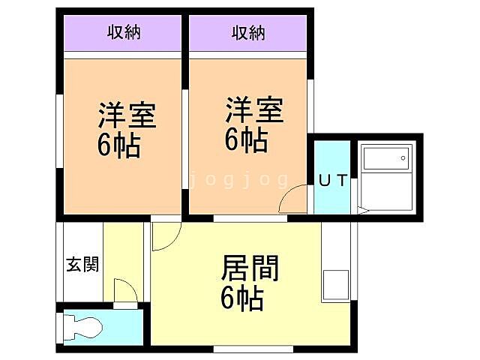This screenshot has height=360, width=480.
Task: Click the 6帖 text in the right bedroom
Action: (246, 139)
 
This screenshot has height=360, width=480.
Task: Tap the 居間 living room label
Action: (250, 268)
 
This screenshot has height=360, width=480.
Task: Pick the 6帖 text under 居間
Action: (241, 298)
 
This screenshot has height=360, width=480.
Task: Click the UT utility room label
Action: (332, 181)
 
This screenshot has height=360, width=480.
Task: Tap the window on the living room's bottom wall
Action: (253, 349)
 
